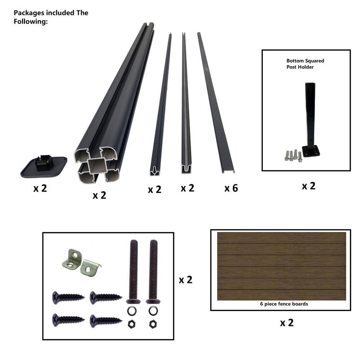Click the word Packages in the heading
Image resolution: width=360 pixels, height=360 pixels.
point(29,13)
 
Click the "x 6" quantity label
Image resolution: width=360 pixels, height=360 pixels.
point(231,188)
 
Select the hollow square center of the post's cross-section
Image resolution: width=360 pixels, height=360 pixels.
point(96,166)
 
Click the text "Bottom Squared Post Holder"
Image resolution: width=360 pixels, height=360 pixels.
point(305,64)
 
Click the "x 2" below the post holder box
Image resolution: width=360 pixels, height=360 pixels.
point(309,186)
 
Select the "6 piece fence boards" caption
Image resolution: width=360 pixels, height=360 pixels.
point(284,304)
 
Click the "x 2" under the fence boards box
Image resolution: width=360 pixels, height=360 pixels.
point(287,323)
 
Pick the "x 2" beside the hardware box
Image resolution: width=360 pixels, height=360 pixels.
point(185,280)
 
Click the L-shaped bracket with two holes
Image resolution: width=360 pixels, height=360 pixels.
point(72,259)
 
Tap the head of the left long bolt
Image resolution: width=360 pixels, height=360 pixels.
point(134,301)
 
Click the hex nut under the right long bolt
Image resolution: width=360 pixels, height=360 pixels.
point(153,324)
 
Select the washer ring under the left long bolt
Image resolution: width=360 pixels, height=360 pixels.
point(132,311)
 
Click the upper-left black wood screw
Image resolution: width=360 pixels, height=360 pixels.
point(68,298)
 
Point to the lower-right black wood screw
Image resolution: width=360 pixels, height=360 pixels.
point(106,320)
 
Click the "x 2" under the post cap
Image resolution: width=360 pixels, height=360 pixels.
point(40,189)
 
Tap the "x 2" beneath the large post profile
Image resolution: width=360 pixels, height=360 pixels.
point(99,195)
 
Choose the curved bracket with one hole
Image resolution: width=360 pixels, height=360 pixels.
point(90,268)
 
